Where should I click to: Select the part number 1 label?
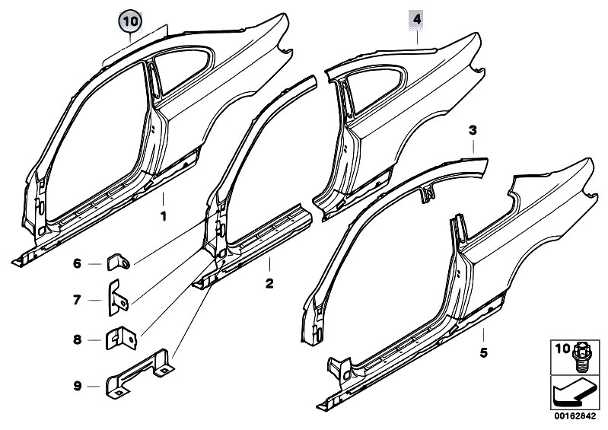(x=163, y=216)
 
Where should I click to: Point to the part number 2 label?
(x=268, y=283)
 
